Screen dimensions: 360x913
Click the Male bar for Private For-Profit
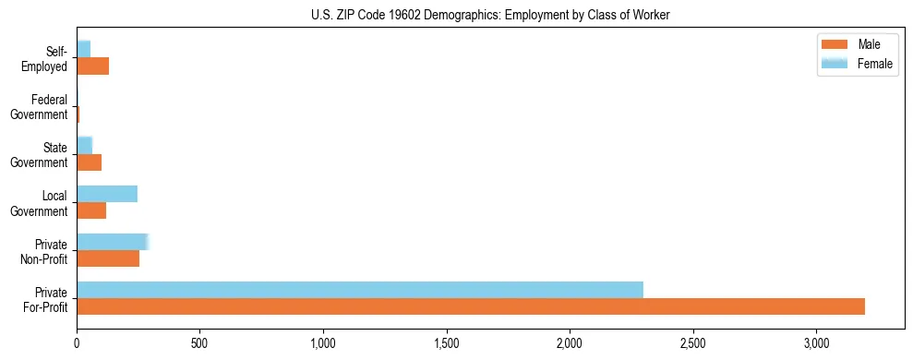pos(471,306)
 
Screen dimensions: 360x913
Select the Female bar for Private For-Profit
pos(360,290)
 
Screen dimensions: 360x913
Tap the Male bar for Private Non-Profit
pos(108,259)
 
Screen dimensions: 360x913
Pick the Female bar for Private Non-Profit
pos(112,242)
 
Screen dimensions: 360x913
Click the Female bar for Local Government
pos(107,194)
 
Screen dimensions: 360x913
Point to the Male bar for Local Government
pos(91,210)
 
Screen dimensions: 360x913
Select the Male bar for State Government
pos(89,162)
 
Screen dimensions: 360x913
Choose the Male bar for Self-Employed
pos(92,66)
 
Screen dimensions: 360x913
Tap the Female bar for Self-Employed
pos(83,49)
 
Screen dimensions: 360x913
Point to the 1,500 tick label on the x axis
pos(447,343)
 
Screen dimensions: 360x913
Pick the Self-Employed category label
pos(45,59)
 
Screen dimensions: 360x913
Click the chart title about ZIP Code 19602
pos(490,15)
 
